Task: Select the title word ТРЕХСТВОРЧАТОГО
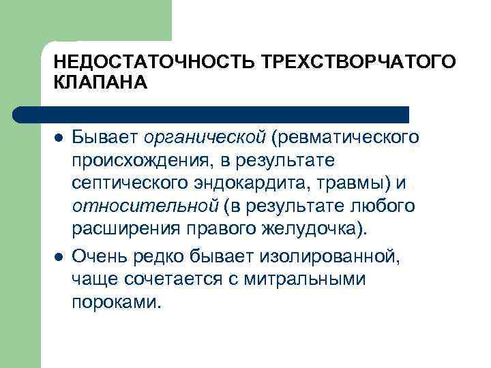(x=355, y=62)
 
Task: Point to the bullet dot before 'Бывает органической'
(x=57, y=138)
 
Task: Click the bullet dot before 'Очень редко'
(x=57, y=256)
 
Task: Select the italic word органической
(x=205, y=138)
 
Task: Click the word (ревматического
(x=344, y=138)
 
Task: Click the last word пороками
(x=117, y=301)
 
